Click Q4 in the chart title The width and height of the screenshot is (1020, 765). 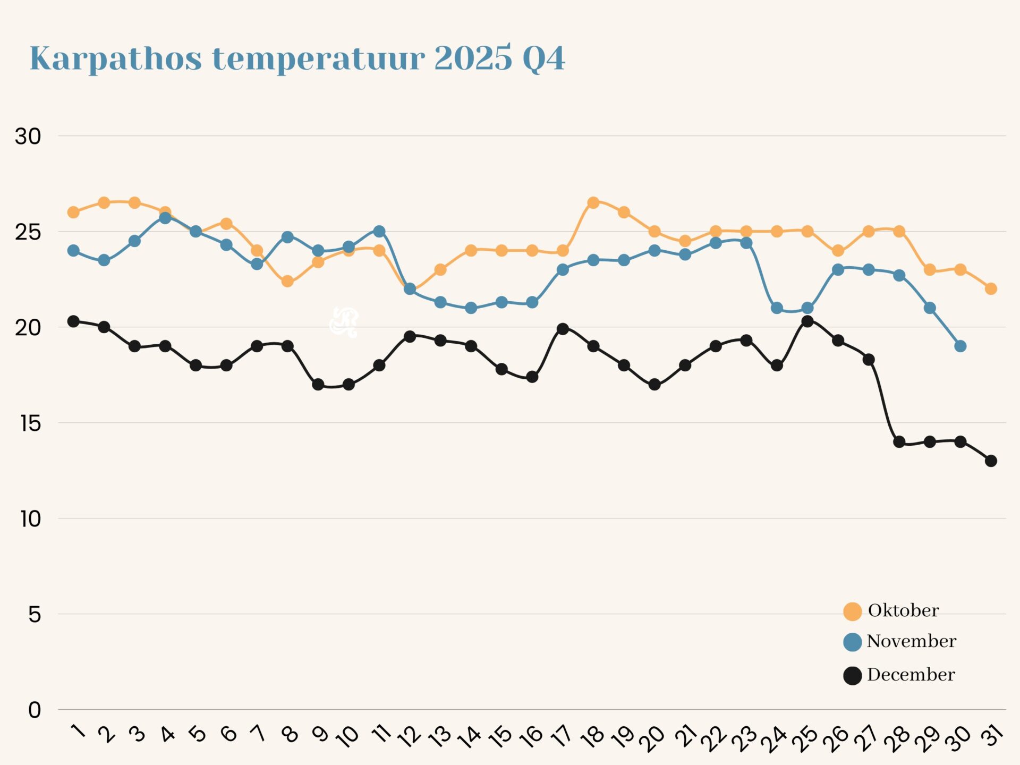[543, 58]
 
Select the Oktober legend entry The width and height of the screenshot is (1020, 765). [903, 610]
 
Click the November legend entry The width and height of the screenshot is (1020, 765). [911, 641]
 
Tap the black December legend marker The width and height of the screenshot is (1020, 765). [852, 676]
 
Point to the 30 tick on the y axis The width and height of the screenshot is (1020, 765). [28, 137]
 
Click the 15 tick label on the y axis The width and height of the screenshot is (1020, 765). [30, 423]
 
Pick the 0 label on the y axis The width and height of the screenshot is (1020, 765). [35, 710]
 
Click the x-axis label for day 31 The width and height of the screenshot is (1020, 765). [992, 736]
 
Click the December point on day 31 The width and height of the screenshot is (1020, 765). [991, 461]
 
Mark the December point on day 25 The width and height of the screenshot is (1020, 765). [807, 321]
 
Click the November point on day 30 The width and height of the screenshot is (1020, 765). [960, 346]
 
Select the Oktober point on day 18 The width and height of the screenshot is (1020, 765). [593, 202]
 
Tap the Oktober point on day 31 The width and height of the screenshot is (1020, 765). [991, 288]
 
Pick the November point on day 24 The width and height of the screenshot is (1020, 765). [777, 308]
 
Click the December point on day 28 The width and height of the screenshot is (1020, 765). [899, 441]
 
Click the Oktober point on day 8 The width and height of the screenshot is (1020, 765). [287, 281]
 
